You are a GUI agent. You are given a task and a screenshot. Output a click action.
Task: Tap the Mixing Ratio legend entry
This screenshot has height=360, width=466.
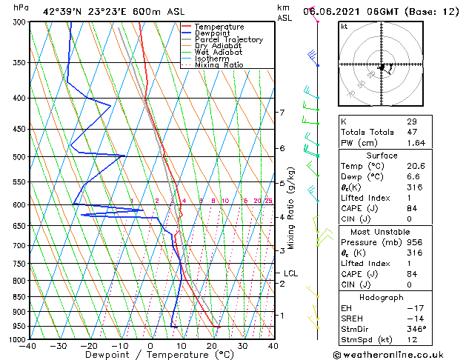coord(219,64)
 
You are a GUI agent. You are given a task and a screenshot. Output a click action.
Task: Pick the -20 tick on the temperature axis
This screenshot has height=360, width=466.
coord(89,346)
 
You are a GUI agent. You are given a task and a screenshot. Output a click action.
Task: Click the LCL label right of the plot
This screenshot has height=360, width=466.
coord(291,273)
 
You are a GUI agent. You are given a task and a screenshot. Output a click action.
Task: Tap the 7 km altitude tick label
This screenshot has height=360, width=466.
coord(282,113)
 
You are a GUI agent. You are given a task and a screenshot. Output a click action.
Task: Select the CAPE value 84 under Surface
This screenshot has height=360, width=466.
coord(412,209)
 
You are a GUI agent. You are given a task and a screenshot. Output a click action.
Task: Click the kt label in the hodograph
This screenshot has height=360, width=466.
coord(344,27)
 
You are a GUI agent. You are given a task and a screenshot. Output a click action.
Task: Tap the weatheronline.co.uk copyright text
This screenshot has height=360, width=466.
coord(397,354)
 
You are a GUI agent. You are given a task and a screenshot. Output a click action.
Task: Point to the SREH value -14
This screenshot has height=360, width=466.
coord(413,318)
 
